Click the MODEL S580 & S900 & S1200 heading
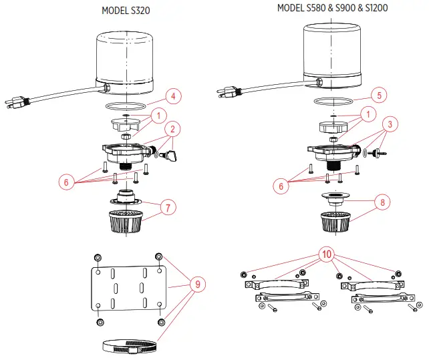pos(332,8)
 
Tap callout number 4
pos(172,96)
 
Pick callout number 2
pos(172,128)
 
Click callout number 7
pos(169,207)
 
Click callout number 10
pos(327,254)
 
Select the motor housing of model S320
pos(126,60)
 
